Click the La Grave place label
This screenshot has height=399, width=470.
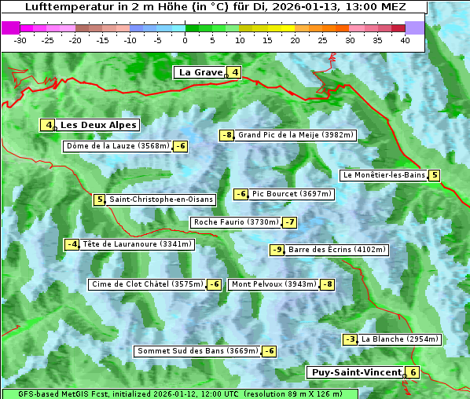[200, 72]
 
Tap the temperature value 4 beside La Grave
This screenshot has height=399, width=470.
[234, 72]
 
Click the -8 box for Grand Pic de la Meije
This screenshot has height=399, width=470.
[227, 135]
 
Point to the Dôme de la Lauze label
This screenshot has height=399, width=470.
[117, 146]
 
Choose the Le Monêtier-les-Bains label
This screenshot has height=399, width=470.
[384, 175]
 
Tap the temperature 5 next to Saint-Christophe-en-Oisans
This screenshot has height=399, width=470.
[99, 199]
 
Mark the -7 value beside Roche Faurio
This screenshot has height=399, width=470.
[290, 222]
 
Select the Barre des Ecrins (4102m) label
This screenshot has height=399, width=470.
[337, 250]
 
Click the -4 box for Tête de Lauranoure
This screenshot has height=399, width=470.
[72, 244]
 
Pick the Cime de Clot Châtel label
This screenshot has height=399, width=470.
[147, 284]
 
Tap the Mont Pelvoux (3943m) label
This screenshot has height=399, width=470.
[274, 284]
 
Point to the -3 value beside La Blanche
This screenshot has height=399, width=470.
[351, 339]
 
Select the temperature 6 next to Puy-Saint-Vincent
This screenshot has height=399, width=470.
[413, 372]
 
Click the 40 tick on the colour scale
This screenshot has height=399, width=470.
[405, 40]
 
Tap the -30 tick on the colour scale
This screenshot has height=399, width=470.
[20, 40]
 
